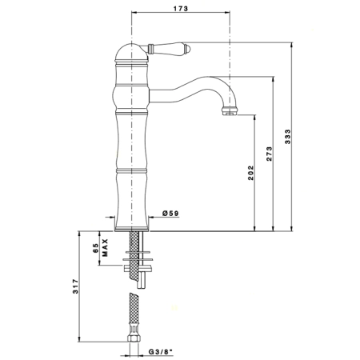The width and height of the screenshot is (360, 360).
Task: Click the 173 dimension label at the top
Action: [181, 9]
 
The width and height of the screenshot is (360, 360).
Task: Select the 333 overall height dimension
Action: [288, 137]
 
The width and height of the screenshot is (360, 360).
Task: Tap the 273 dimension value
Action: [270, 154]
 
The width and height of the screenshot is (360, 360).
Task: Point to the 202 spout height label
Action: [251, 173]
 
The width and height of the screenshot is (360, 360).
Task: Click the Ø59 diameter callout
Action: [170, 213]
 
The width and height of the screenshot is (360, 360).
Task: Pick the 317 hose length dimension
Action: [76, 286]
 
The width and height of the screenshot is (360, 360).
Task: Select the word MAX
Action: [106, 247]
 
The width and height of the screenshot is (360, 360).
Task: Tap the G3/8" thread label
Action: [161, 352]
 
